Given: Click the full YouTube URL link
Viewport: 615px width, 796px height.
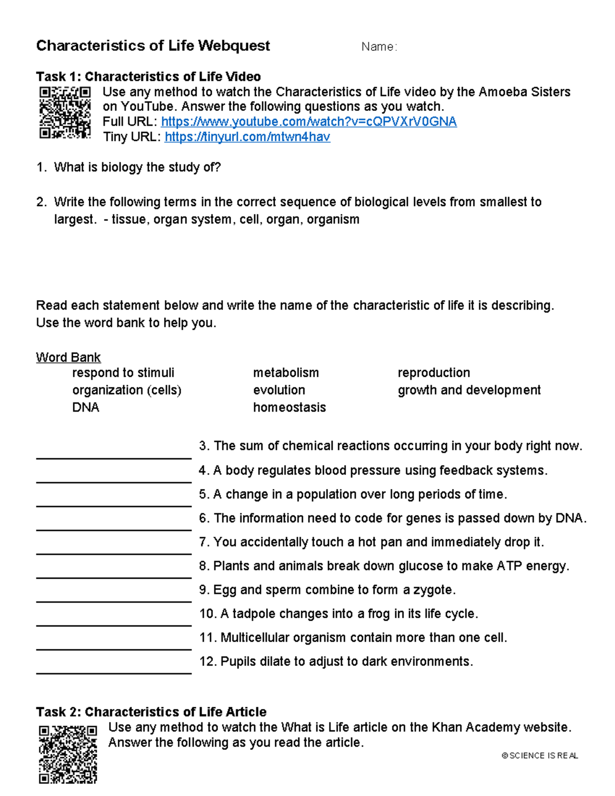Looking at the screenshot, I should click(309, 122).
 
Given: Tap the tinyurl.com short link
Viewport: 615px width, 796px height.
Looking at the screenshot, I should click(247, 137).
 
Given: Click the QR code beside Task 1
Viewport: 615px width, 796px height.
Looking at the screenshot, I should click(65, 113).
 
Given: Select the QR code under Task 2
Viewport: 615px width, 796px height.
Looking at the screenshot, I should click(68, 754).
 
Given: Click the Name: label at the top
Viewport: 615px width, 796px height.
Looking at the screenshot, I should click(379, 47).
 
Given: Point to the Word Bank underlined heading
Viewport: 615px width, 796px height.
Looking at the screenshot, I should click(68, 357).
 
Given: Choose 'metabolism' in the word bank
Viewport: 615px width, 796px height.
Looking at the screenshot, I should click(285, 373).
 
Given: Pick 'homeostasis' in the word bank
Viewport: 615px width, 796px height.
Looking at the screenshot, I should click(289, 407).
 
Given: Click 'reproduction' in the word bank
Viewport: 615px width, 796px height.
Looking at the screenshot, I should click(434, 373).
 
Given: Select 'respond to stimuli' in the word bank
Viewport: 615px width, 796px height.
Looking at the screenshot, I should click(123, 373).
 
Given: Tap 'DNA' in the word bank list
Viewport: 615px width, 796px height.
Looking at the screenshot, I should click(86, 407).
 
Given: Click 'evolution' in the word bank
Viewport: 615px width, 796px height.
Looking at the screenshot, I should click(279, 390).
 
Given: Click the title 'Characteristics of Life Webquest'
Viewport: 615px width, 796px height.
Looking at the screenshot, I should click(153, 46).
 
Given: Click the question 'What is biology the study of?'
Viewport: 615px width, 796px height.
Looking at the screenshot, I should click(137, 168).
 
